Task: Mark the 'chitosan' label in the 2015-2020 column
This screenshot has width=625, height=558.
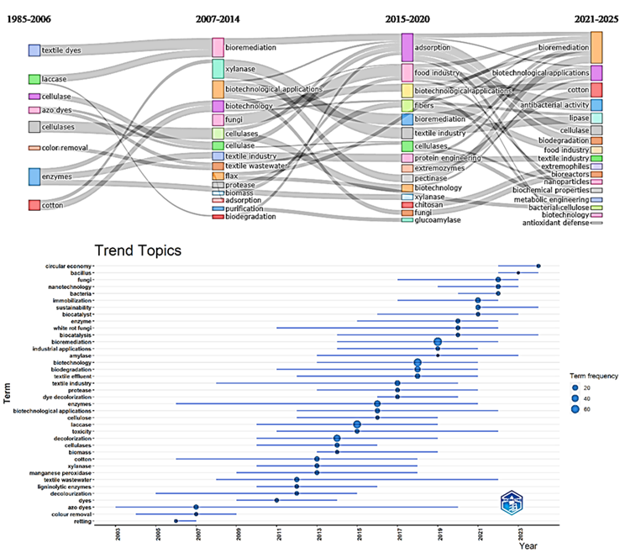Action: tap(429, 204)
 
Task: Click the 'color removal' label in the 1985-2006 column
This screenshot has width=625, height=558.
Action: tap(66, 148)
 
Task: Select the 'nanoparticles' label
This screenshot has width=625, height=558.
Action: tap(565, 181)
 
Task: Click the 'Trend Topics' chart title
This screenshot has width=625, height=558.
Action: tap(138, 250)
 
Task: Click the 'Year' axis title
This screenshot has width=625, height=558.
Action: tap(528, 547)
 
